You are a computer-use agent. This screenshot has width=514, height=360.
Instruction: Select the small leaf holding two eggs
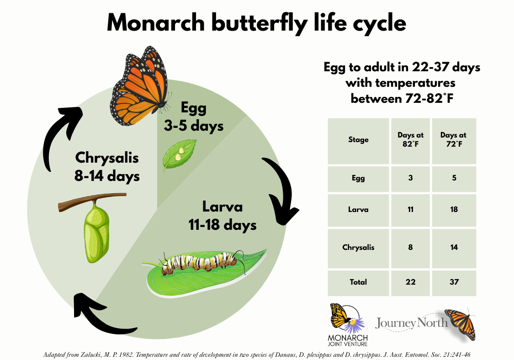coord(179,154)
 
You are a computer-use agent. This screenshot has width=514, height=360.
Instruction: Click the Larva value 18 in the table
coord(454,210)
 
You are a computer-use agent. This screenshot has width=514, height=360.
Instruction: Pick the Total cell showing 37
coord(454,282)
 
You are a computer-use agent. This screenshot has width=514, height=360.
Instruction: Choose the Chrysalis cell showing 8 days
coord(410,247)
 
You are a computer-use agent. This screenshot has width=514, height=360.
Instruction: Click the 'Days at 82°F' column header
coord(410,140)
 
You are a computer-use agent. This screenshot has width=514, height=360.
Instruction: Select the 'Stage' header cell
coord(358,140)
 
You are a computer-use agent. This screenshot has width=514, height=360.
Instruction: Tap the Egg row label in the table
coord(358,178)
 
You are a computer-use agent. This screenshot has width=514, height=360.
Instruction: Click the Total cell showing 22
coord(410,282)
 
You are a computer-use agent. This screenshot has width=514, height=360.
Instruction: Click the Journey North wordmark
coord(411,323)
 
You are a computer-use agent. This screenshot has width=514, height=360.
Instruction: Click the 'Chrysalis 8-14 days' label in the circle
coord(107,167)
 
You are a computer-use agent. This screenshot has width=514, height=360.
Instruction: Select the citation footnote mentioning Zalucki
coord(257,355)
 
